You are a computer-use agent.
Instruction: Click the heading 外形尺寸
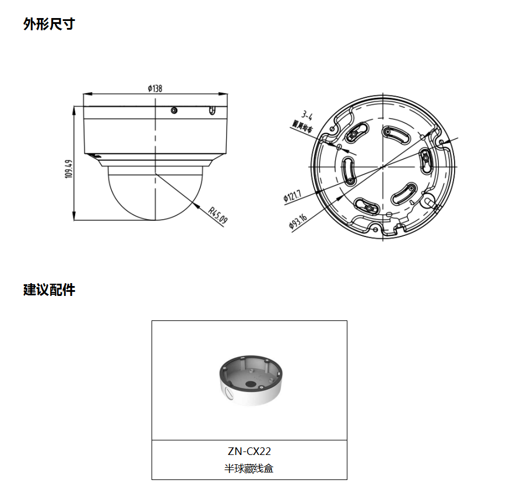pyautogui.click(x=49, y=24)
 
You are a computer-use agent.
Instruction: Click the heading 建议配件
pyautogui.click(x=49, y=290)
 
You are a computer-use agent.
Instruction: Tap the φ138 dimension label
pyautogui.click(x=154, y=88)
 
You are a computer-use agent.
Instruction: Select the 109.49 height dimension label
pyautogui.click(x=68, y=169)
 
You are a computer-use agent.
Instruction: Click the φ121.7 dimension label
pyautogui.click(x=292, y=195)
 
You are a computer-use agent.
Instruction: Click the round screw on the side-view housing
pyautogui.click(x=174, y=110)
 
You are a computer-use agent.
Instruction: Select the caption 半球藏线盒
pyautogui.click(x=249, y=468)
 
